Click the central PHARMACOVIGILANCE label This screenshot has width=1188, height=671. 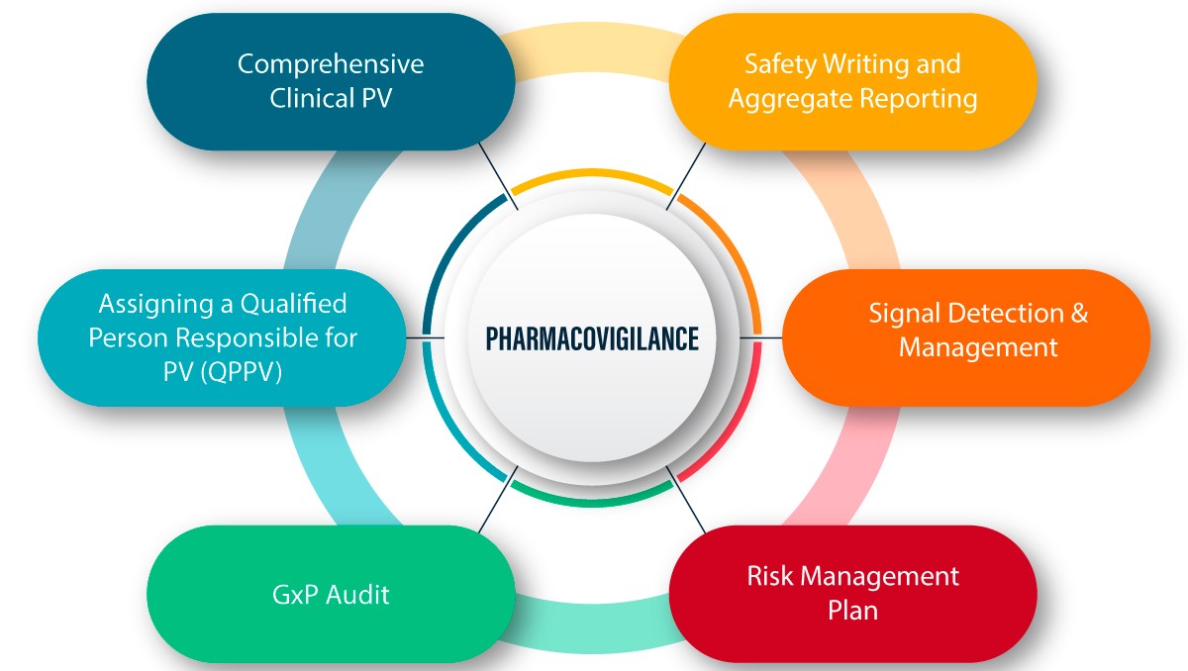click(x=592, y=338)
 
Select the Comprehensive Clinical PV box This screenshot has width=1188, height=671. click(x=331, y=81)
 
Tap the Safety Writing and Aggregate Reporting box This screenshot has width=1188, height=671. click(x=852, y=81)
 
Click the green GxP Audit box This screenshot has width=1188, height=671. click(x=331, y=594)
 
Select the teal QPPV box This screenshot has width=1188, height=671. click(x=223, y=336)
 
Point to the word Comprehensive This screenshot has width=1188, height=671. click(x=331, y=65)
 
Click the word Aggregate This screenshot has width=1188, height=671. click(x=791, y=99)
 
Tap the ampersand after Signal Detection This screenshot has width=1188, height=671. click(x=1078, y=314)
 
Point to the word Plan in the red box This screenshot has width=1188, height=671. click(x=852, y=610)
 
